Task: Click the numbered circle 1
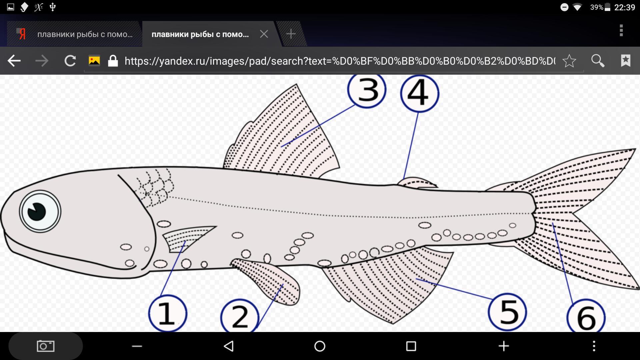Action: point(168,313)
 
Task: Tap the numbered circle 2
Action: point(240,316)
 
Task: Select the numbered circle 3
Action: point(367,90)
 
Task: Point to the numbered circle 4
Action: point(420,93)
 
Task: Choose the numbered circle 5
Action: point(507,312)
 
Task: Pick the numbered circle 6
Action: point(586,317)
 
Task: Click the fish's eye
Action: point(40,211)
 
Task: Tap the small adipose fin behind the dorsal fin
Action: point(417,182)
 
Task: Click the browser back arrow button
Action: point(14,61)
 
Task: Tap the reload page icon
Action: point(70,61)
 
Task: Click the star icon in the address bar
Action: point(569,61)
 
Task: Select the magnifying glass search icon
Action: point(598,61)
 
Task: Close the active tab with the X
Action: point(264,34)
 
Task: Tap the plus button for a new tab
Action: point(291,34)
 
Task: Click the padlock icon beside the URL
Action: point(113,61)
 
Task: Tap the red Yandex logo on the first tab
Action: point(22,34)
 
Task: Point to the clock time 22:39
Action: point(624,7)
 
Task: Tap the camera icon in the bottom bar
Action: point(46,346)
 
